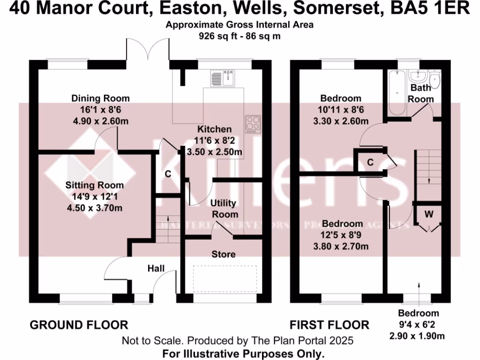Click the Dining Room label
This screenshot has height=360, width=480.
(x=100, y=98)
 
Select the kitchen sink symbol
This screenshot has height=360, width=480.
(x=222, y=78)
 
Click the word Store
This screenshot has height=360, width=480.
(x=223, y=254)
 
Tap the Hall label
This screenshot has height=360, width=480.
(x=156, y=269)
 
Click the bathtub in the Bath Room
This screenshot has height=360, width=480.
(x=396, y=93)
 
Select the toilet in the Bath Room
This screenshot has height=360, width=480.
(x=435, y=80)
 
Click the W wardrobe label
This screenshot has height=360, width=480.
(x=428, y=215)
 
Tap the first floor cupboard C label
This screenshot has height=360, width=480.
(x=370, y=163)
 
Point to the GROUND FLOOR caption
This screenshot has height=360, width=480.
(x=79, y=325)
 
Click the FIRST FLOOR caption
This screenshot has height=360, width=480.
(x=329, y=325)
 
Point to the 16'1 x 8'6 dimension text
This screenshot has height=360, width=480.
(x=100, y=110)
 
